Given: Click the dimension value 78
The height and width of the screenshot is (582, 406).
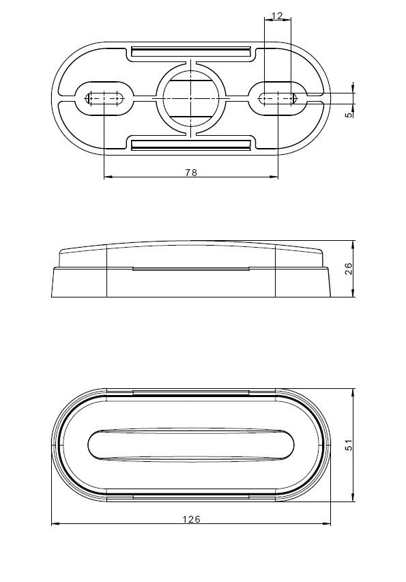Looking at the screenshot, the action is [191, 173].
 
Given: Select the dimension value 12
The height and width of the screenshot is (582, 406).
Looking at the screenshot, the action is [277, 16].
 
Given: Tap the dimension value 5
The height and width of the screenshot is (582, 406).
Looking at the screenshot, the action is [349, 115].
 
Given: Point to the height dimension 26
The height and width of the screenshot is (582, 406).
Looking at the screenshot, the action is [349, 269].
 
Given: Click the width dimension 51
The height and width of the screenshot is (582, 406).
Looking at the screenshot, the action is [349, 445].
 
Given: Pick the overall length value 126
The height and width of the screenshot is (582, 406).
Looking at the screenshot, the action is [191, 519].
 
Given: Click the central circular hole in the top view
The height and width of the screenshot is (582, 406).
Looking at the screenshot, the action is [190, 98].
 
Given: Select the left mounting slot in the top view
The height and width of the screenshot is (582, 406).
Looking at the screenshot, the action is [104, 98].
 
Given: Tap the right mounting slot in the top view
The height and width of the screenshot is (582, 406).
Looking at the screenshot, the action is [278, 98].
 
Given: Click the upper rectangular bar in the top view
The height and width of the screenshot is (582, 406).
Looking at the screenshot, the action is [191, 52].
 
